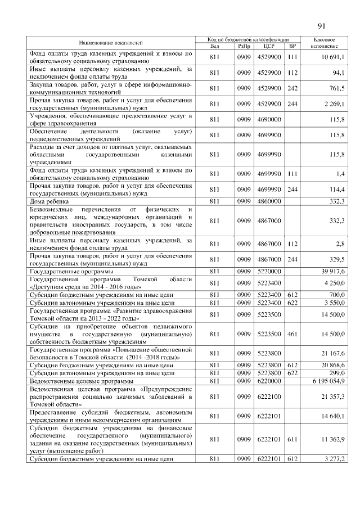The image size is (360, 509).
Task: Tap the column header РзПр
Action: click(x=244, y=46)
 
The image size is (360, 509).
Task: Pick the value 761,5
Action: click(x=336, y=88)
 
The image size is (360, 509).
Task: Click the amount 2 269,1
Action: click(x=334, y=103)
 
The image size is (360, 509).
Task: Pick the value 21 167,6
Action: click(x=333, y=353)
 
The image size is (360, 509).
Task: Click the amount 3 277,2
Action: click(x=334, y=460)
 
